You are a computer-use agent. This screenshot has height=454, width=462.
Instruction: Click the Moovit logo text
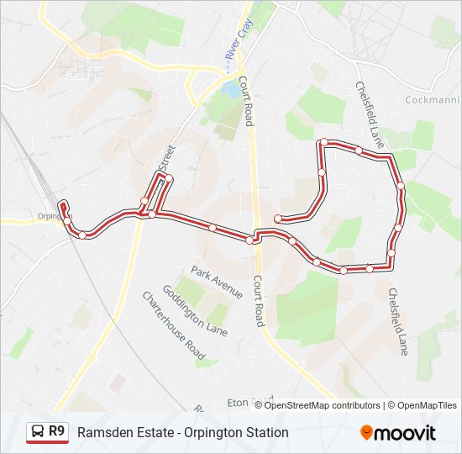[x=405, y=433]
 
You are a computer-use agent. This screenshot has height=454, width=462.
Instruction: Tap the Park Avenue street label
[x=216, y=282]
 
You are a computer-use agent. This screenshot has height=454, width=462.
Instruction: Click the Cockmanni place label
[x=433, y=100]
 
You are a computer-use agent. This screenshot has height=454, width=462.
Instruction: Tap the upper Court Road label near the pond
[x=245, y=102]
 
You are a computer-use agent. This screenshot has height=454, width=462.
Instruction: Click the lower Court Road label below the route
[x=260, y=302]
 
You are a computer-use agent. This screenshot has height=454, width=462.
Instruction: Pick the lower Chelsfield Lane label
[x=397, y=321]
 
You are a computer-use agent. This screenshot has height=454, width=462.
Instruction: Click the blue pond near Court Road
[x=228, y=87]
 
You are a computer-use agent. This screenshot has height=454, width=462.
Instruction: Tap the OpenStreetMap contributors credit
[x=323, y=405]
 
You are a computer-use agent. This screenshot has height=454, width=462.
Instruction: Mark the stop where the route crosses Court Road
[x=249, y=240]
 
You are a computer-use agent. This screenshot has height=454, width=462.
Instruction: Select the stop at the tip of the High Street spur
[x=169, y=178]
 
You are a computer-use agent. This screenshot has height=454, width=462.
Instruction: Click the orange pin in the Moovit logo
[x=367, y=433]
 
